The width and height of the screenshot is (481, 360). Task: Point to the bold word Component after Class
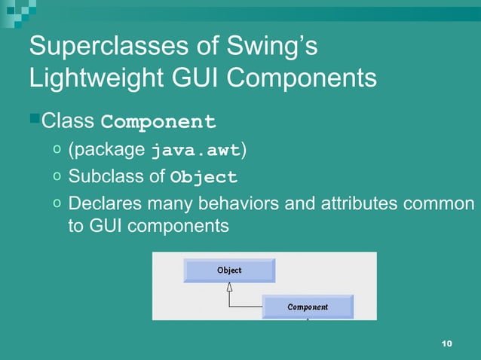click(158, 121)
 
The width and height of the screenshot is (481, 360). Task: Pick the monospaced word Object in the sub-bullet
click(204, 178)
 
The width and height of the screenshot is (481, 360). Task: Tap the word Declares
click(101, 204)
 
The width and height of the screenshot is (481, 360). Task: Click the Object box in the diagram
click(229, 270)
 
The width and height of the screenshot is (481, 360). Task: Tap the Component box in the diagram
click(308, 307)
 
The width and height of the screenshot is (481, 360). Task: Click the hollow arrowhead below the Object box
click(229, 288)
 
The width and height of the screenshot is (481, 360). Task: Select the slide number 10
click(446, 344)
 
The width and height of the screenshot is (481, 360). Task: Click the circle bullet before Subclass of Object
click(57, 177)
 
